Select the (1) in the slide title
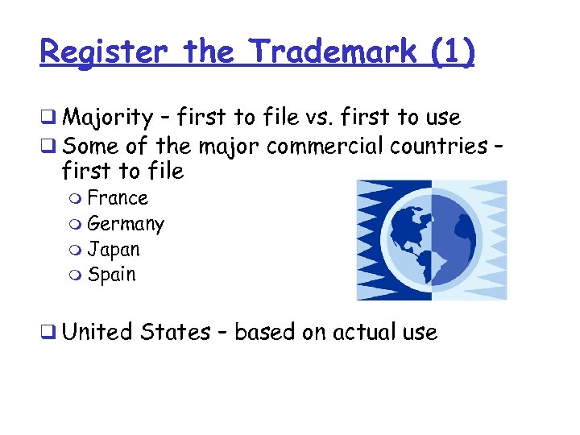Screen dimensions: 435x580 click(454, 53)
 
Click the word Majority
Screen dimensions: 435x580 click(107, 118)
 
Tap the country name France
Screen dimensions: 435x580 click(118, 198)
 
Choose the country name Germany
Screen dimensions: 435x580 click(126, 224)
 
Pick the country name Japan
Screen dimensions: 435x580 click(114, 250)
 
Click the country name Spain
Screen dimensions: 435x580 click(112, 275)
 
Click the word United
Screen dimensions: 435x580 click(97, 332)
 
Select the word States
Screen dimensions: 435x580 click(175, 332)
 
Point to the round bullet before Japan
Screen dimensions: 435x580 click(77, 251)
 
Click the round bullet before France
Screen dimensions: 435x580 click(77, 199)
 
